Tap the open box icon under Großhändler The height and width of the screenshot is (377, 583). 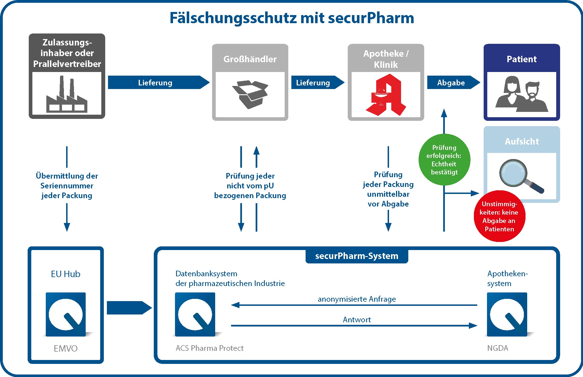[250, 94]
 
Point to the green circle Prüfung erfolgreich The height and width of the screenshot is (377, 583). [444, 160]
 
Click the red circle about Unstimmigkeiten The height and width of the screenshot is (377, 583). [499, 216]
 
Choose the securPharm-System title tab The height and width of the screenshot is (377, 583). [357, 256]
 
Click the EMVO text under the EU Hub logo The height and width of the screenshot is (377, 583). [66, 348]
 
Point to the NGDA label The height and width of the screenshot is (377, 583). [498, 348]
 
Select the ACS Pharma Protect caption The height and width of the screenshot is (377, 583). [210, 348]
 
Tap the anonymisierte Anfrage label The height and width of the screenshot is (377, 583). [357, 299]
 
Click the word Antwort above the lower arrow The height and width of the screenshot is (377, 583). [357, 320]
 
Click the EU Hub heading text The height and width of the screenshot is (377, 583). [66, 274]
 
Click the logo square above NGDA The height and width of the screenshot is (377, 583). [507, 314]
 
